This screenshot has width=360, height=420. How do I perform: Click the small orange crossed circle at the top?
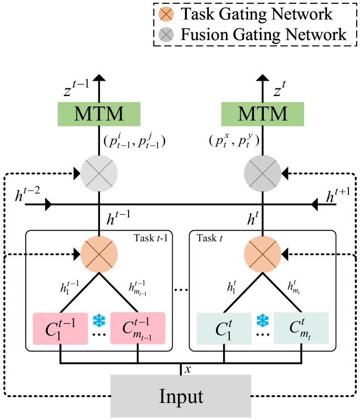click(x=166, y=14)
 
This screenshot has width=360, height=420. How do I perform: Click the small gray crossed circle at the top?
click(x=166, y=35)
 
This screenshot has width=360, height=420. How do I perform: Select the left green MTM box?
click(x=99, y=114)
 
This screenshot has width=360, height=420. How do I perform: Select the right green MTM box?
click(x=263, y=114)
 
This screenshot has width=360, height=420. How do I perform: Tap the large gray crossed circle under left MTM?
click(x=99, y=173)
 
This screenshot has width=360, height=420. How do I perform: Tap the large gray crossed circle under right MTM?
click(x=263, y=173)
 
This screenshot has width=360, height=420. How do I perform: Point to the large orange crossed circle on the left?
click(x=99, y=254)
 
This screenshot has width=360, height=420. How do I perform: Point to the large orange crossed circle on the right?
click(x=263, y=254)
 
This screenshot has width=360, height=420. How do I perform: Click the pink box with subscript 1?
click(x=60, y=328)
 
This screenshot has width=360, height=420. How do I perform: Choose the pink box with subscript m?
click(x=137, y=328)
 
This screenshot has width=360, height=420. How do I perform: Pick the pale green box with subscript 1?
click(x=224, y=328)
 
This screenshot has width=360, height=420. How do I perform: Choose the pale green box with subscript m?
click(x=301, y=328)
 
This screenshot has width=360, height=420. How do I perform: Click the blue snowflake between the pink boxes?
click(x=99, y=321)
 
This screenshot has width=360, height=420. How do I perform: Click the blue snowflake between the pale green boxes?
click(x=263, y=321)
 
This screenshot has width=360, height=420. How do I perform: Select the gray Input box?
click(x=181, y=396)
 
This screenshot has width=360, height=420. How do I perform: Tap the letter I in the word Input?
click(x=162, y=396)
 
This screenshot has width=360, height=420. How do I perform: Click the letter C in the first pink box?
click(x=51, y=330)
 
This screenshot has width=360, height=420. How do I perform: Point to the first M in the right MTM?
click(x=247, y=114)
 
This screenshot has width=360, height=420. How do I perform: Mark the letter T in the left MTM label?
click(x=99, y=114)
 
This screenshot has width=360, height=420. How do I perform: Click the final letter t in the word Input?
click(x=200, y=397)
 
